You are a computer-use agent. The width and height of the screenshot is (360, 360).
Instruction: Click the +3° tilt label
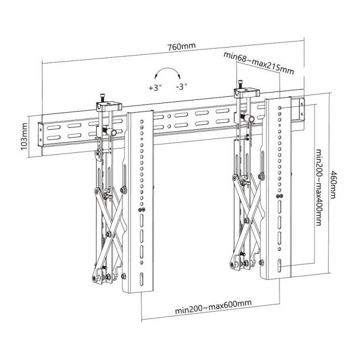coord(155,87)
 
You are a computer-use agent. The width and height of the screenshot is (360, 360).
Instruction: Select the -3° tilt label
coord(181,86)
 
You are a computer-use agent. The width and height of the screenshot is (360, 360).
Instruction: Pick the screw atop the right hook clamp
coord(241,83)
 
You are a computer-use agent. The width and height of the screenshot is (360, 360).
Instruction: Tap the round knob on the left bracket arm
coord(112,132)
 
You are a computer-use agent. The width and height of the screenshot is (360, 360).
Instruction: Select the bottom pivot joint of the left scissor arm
coord(95,276)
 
